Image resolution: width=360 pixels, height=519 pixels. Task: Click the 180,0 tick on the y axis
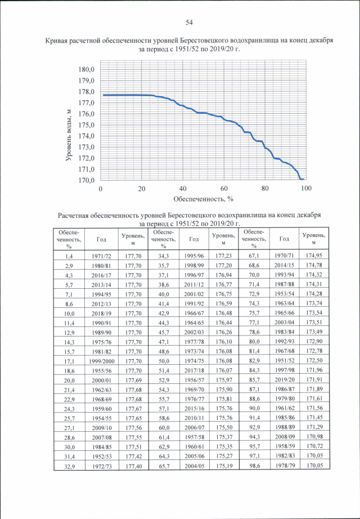[x=87, y=69]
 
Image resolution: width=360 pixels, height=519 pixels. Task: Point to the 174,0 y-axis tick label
[x=87, y=136]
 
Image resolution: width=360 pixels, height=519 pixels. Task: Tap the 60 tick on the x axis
[x=224, y=189]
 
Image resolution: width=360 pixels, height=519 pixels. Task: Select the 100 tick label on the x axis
[x=305, y=189]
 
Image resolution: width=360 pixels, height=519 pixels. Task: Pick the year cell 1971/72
[x=101, y=256]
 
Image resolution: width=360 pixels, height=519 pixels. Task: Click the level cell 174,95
[x=314, y=256]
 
